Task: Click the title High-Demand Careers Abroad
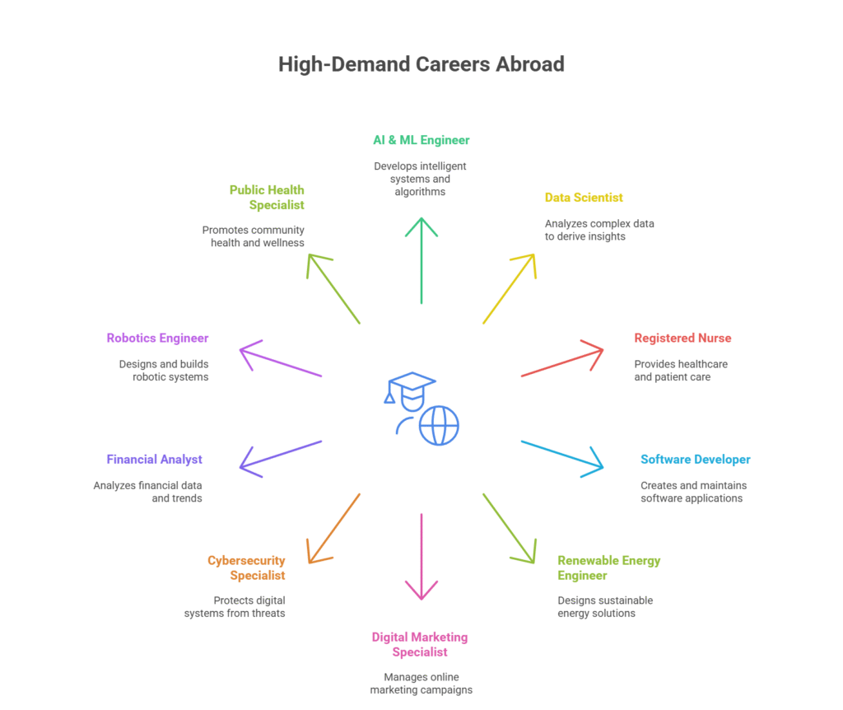[421, 64]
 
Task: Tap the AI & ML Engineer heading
[421, 140]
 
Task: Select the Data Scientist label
[584, 198]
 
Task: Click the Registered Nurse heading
[682, 339]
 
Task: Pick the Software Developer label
[696, 460]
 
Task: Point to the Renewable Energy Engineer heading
[608, 568]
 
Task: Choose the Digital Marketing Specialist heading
[420, 644]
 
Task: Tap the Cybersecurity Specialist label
[247, 568]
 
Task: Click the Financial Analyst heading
[154, 460]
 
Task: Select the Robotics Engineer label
[157, 339]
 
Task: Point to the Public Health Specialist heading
[267, 198]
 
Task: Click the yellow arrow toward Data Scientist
[509, 288]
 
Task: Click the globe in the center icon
[439, 426]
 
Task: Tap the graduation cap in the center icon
[412, 384]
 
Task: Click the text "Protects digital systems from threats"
[235, 607]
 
